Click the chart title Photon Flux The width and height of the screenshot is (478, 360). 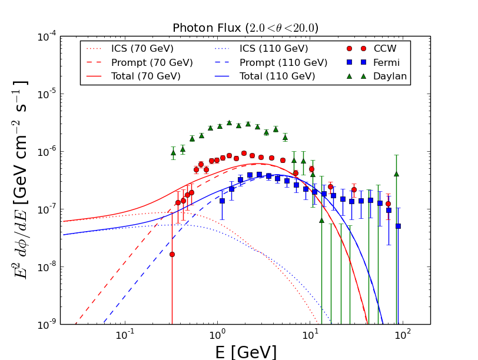(x=245, y=28)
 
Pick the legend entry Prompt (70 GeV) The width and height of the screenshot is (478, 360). (x=151, y=62)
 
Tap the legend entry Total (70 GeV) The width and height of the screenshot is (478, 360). (x=145, y=76)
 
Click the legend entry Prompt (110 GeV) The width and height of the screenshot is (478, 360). (x=283, y=62)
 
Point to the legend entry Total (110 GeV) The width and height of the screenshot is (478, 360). (x=277, y=76)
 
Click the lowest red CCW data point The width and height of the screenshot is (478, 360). (x=172, y=254)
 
